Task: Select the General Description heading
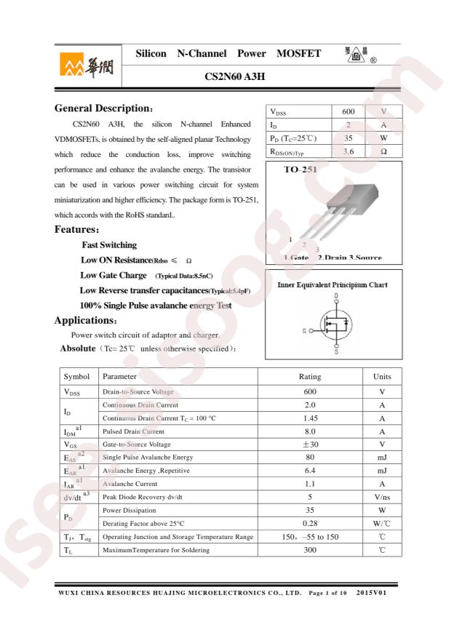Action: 104,108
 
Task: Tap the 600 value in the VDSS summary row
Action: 348,112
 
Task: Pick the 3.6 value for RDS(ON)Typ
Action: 348,151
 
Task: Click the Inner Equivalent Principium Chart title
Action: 332,285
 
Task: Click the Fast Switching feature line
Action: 109,245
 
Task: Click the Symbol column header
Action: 77,377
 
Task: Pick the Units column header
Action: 382,377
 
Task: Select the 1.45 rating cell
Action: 310,418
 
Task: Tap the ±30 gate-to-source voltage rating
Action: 310,444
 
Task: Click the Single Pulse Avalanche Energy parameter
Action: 148,458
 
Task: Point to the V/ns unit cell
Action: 382,497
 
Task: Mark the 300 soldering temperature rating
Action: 310,550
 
